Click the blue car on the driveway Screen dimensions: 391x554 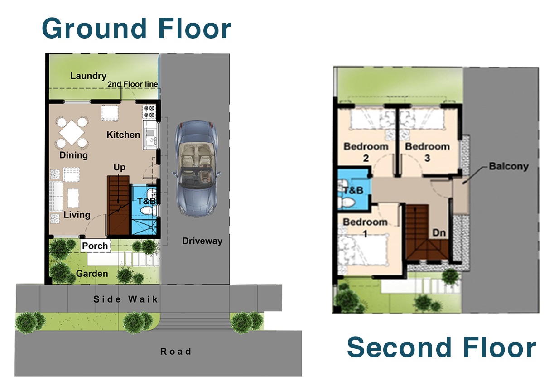tap(196, 168)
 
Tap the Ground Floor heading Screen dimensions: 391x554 tap(136, 28)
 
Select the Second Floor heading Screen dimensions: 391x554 tap(441, 348)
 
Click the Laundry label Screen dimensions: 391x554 tap(88, 76)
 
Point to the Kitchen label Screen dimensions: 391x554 tap(123, 135)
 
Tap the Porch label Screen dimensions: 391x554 tap(95, 246)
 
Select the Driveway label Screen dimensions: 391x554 tap(202, 241)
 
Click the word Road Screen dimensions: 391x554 tap(176, 352)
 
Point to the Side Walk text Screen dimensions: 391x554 tap(126, 299)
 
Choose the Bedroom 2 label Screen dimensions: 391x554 tap(366, 152)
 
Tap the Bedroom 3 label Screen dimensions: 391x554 tap(427, 152)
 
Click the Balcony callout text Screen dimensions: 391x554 tap(509, 166)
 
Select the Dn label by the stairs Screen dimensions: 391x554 tap(439, 233)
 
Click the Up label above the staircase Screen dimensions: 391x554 tap(119, 168)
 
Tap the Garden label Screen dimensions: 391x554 tap(92, 274)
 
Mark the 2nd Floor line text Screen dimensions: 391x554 tap(133, 84)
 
